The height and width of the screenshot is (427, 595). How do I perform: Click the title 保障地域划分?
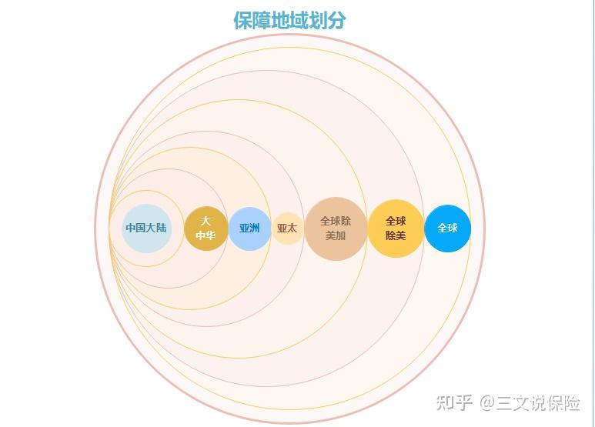pos(289,21)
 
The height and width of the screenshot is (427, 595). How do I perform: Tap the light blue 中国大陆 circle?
pos(146,229)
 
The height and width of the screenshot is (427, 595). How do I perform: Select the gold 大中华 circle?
pos(206,229)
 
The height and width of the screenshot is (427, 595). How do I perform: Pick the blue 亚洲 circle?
pos(249,229)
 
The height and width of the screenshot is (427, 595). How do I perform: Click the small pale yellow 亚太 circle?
pos(287,229)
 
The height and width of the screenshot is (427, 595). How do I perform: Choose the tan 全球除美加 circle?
pos(336,229)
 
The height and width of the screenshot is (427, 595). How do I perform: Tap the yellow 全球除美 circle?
pos(396,229)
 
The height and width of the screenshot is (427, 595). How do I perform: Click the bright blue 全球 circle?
pos(447,229)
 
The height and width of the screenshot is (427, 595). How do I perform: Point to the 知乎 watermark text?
pos(454,402)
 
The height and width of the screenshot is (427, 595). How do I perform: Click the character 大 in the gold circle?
pos(206,221)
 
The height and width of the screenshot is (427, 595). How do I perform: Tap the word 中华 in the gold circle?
pos(206,235)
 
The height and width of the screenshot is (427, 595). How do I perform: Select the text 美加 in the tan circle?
pos(336,235)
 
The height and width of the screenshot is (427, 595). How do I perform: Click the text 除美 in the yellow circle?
pos(396,235)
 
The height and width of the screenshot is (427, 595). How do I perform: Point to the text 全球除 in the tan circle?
pos(336,221)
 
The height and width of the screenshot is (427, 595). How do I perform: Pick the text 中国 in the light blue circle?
pos(136,229)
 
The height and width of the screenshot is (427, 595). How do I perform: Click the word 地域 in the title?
pos(289,21)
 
